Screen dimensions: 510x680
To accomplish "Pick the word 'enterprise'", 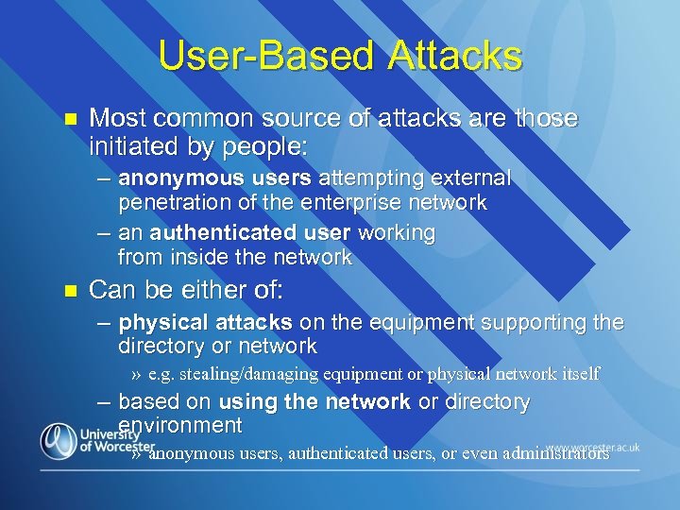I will [367, 202].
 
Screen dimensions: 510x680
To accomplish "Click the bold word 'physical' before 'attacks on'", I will [157, 323].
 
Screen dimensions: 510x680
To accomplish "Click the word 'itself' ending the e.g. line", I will [579, 374].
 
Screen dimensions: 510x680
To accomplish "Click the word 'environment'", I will [180, 426].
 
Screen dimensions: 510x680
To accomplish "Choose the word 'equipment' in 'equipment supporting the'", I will [432, 323].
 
